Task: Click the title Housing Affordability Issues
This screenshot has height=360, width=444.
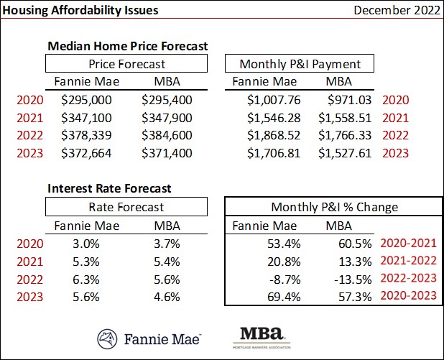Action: (80, 11)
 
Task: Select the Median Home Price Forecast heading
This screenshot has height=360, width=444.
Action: (127, 45)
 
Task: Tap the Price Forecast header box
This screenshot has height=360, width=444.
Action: (126, 63)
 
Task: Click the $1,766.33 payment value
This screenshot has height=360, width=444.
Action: (348, 134)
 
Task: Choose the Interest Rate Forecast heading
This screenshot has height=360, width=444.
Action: (109, 188)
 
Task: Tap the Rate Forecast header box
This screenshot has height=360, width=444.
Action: (126, 207)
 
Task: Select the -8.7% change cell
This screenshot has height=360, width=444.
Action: (285, 279)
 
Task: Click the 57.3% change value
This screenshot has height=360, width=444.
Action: (357, 297)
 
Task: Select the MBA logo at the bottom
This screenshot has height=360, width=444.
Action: (262, 336)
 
